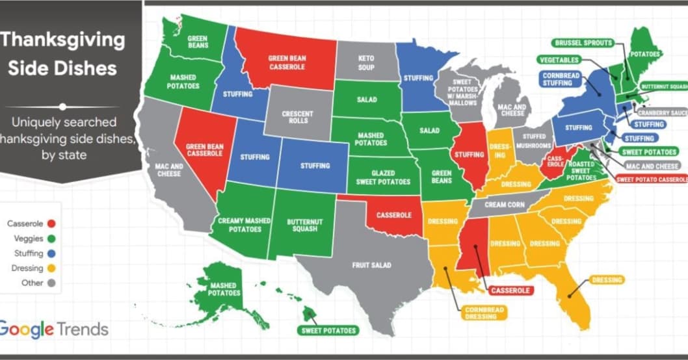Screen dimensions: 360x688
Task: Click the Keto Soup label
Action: point(366,63)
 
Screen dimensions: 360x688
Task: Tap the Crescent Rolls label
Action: point(298,118)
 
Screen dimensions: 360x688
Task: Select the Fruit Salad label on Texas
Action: point(371,265)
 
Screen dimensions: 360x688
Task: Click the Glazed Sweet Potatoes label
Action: point(382,177)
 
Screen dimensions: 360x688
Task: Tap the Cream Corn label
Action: point(504,205)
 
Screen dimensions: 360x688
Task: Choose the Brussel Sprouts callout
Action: point(583,43)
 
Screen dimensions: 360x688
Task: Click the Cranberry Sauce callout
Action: point(662,112)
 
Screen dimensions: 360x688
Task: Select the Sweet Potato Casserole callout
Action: point(651,179)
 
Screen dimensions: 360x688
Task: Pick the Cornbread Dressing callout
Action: point(484,313)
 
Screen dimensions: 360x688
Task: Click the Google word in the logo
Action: point(26,329)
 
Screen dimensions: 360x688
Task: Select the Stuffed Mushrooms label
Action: point(533,141)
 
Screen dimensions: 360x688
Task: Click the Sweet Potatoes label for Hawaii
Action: point(329,331)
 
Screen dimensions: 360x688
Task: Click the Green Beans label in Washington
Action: point(197,43)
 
